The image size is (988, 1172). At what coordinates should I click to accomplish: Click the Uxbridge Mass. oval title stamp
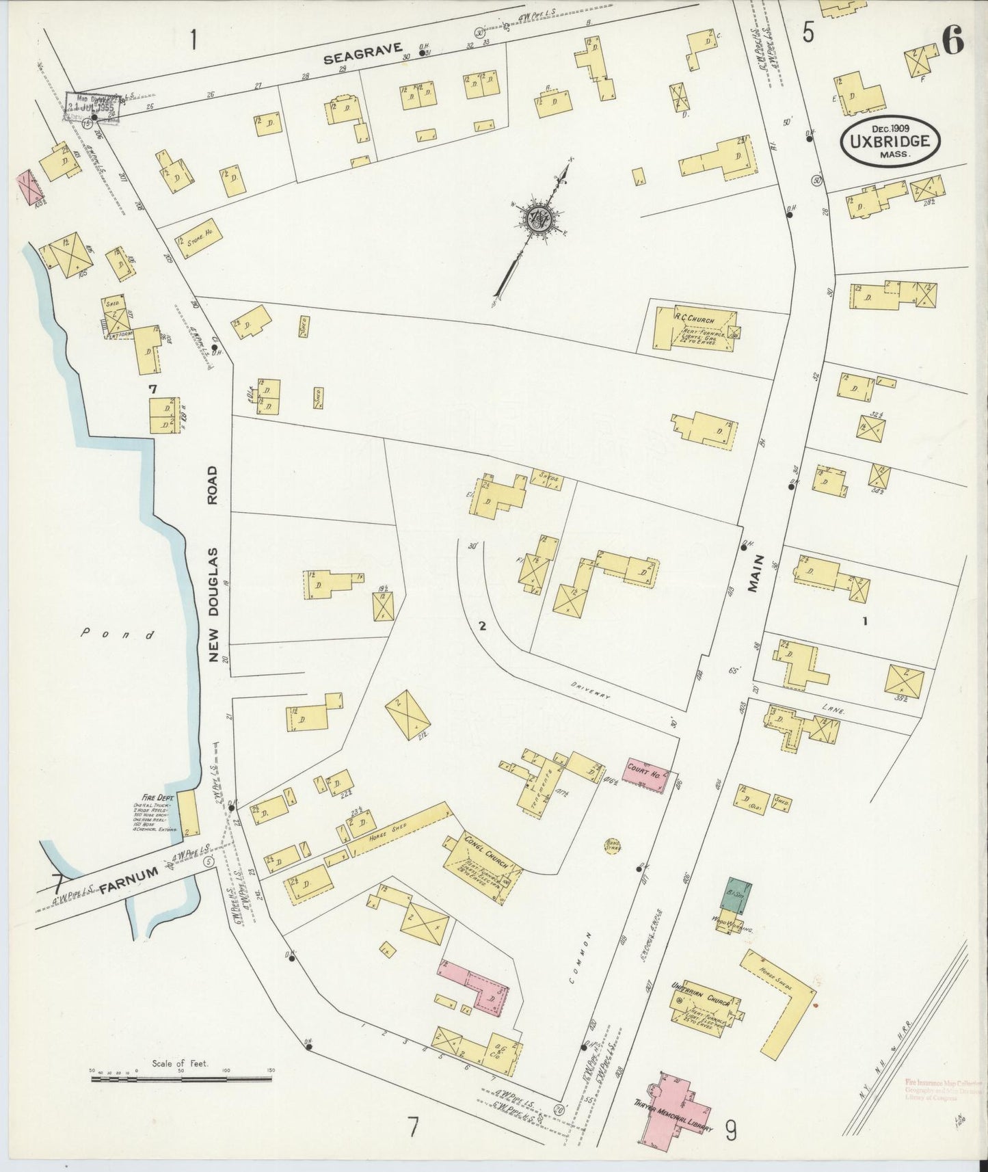(x=890, y=140)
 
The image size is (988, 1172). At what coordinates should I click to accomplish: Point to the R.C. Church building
(x=694, y=329)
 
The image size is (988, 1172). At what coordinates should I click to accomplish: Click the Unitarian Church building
(x=704, y=1010)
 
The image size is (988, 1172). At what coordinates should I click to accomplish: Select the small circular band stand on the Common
(x=612, y=845)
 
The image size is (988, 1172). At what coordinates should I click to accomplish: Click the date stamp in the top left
(x=94, y=107)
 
